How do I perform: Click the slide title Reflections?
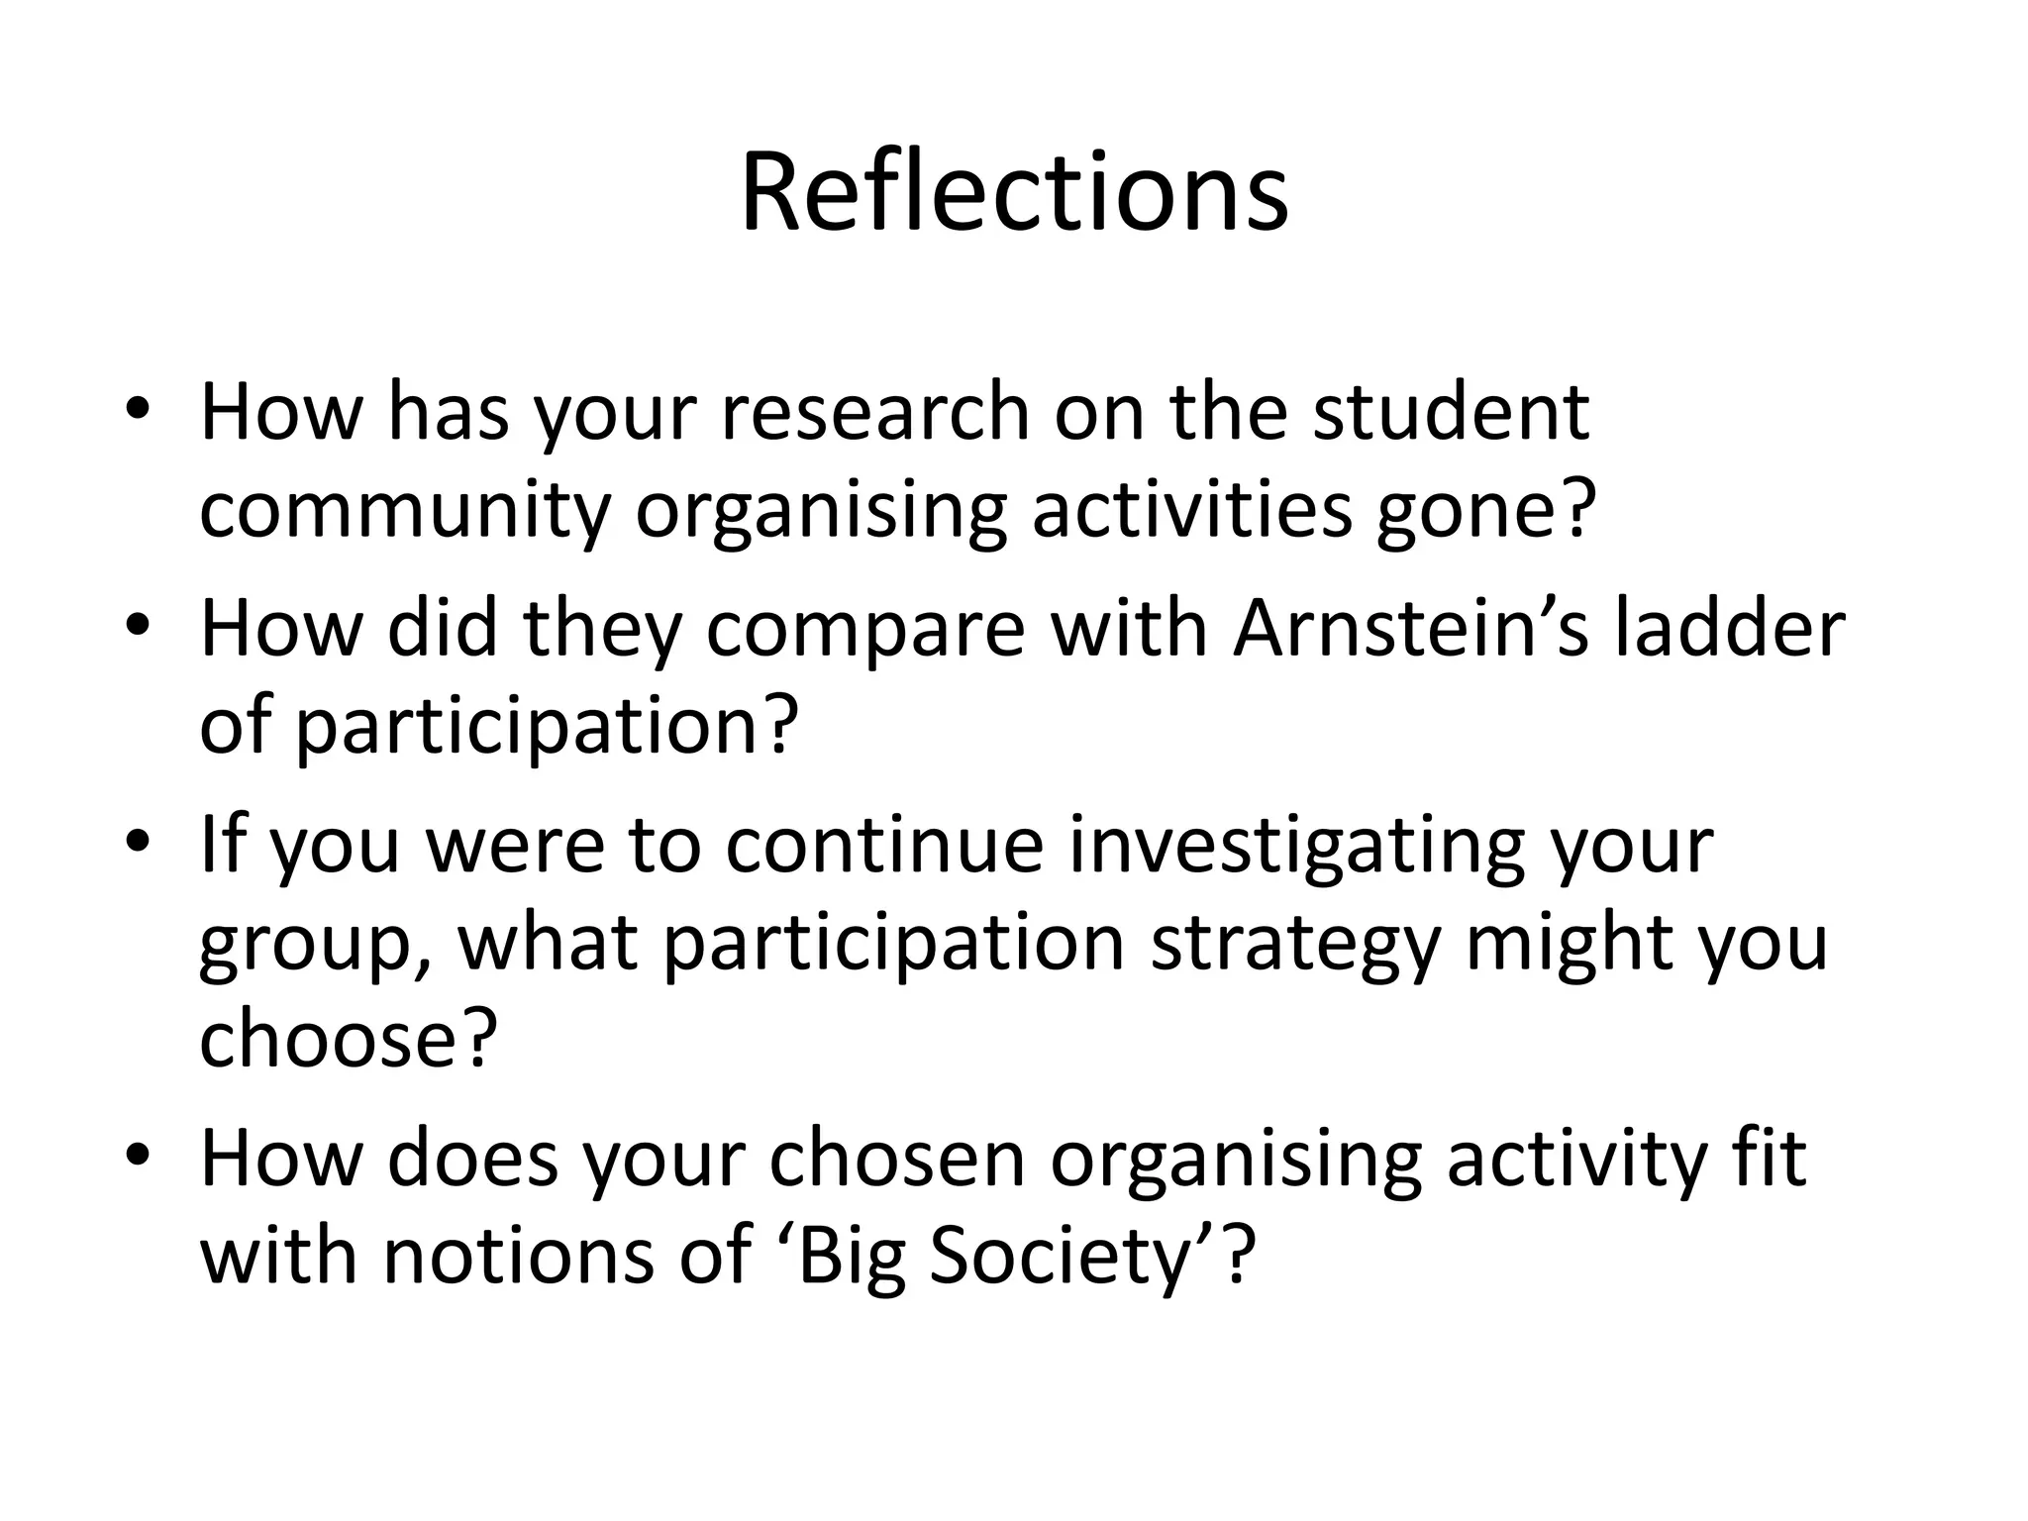tap(1014, 193)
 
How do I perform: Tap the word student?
tap(1451, 412)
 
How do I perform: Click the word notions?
tap(519, 1256)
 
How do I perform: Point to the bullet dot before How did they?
tap(138, 625)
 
